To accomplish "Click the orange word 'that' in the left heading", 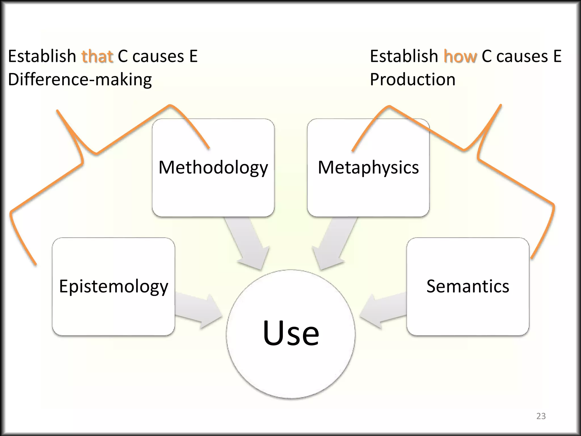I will pos(97,56).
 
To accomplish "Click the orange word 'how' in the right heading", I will pos(460,56).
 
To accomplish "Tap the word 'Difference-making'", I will pos(80,80).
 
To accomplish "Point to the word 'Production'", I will pos(412,79).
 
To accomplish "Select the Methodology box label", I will pos(213,167).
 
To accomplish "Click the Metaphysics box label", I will pos(368,167).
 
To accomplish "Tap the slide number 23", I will pos(541,416).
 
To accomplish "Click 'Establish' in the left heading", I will pos(42,56).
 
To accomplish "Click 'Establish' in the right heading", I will pos(404,56).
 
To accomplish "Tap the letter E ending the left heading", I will pos(193,56).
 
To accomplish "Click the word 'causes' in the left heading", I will pos(158,56).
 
